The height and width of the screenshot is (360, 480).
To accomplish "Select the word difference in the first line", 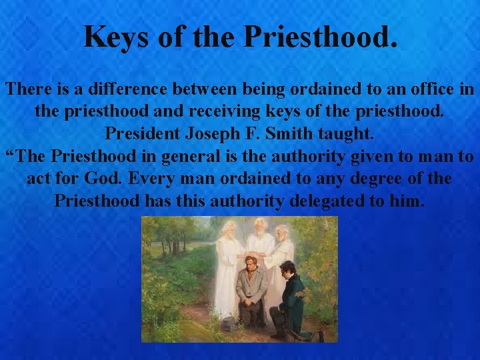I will pos(132,89).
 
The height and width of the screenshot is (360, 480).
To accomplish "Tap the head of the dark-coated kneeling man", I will pos(288,269).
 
